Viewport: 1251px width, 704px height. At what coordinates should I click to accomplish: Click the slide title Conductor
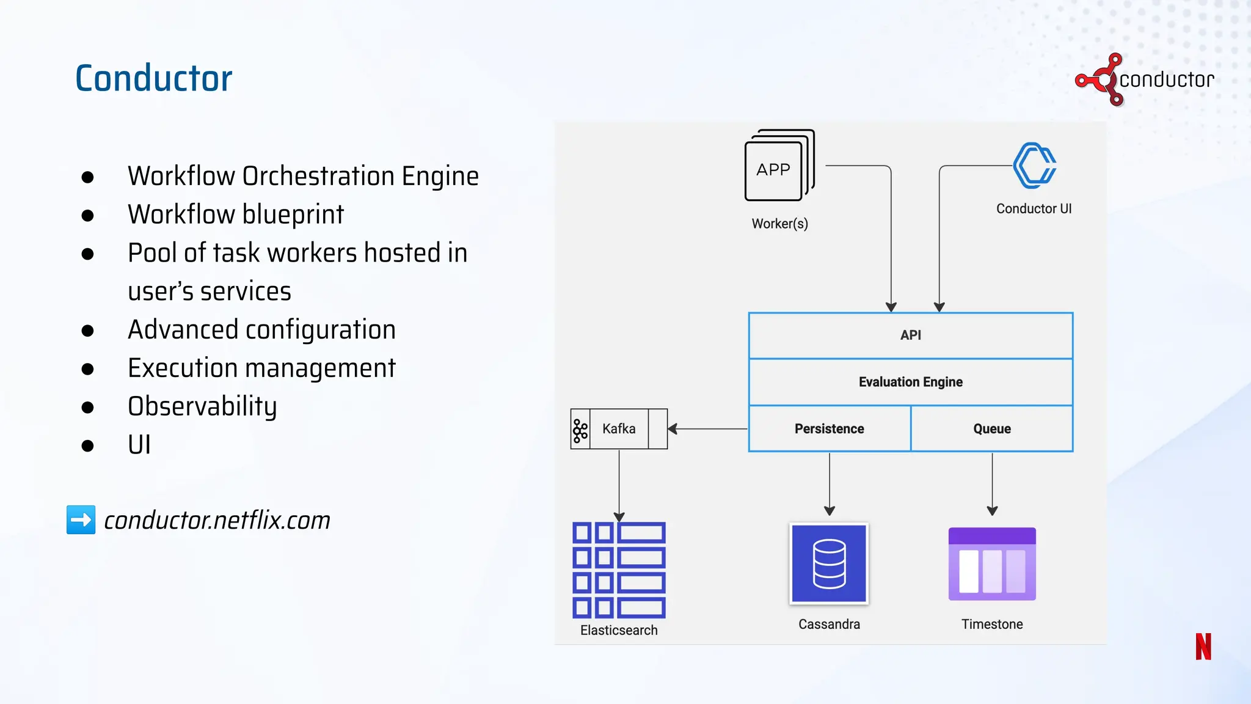(153, 78)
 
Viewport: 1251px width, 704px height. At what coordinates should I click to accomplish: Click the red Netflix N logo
(1203, 647)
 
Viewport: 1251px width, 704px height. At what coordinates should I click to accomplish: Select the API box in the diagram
(910, 335)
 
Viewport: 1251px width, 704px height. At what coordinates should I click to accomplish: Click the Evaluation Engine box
(910, 382)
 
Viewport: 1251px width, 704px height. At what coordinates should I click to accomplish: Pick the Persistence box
(829, 429)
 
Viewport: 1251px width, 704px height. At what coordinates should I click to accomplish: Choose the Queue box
(991, 429)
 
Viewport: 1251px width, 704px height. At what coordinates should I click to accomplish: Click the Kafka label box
(619, 429)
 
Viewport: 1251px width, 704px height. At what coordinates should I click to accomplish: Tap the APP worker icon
(776, 167)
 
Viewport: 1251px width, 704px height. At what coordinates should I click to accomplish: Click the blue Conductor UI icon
(1034, 166)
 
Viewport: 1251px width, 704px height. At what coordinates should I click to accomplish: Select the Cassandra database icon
(829, 563)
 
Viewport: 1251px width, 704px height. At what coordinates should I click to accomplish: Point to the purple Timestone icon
(991, 563)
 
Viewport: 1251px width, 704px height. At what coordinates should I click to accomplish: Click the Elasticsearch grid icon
(619, 570)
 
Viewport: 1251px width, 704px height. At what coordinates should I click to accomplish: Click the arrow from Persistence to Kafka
(709, 429)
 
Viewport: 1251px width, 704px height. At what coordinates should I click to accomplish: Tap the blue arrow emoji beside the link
(81, 520)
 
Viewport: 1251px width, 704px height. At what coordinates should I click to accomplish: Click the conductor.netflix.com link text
(217, 521)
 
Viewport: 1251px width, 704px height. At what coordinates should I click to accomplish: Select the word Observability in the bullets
(202, 406)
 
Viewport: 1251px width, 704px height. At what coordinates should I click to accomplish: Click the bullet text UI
(139, 445)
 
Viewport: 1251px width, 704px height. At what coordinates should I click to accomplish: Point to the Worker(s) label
(779, 224)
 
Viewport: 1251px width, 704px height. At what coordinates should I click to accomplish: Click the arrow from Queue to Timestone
(992, 483)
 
